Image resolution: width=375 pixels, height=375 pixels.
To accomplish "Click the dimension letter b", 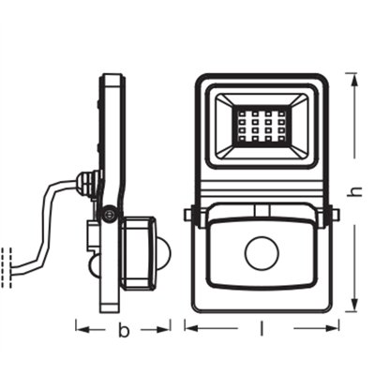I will click(x=122, y=329).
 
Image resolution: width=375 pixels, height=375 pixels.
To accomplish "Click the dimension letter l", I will click(x=261, y=329).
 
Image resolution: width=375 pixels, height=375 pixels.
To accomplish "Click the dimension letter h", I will click(x=354, y=190).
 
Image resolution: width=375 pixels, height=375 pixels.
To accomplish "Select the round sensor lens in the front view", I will click(x=260, y=253).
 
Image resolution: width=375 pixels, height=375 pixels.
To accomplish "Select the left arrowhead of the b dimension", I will click(x=79, y=329).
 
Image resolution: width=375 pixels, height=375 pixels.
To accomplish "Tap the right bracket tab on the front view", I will click(x=329, y=217).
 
